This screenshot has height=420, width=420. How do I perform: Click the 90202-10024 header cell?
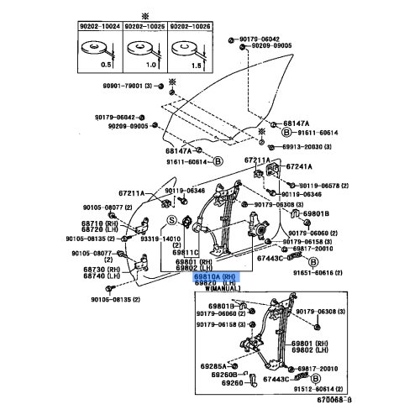point(101,27)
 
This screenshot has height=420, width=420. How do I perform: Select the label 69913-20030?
point(301,146)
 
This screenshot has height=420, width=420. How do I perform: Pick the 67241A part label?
point(300,166)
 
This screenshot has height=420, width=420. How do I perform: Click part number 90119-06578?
point(311,185)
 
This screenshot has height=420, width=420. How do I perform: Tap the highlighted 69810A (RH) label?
point(216,276)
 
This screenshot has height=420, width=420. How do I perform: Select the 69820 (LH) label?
point(214,283)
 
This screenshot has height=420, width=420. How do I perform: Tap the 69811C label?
point(186,252)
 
